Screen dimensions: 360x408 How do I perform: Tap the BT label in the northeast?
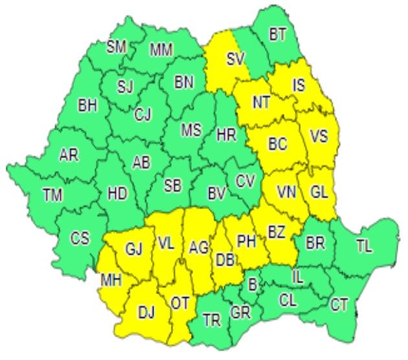pos(278,35)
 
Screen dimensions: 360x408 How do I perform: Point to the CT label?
pos(339,304)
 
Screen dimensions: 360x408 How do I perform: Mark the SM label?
pos(117,47)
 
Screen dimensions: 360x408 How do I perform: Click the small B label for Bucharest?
pos(253,283)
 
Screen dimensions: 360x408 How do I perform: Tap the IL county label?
pos(297,277)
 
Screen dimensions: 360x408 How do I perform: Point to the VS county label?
pos(319,137)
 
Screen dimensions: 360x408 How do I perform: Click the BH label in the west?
pos(87,105)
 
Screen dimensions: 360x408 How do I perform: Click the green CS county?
pos(80,239)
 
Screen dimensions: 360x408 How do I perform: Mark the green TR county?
pos(210,319)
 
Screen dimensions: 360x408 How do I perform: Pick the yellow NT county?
pos(261,101)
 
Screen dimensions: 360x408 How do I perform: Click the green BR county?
pos(315,243)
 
